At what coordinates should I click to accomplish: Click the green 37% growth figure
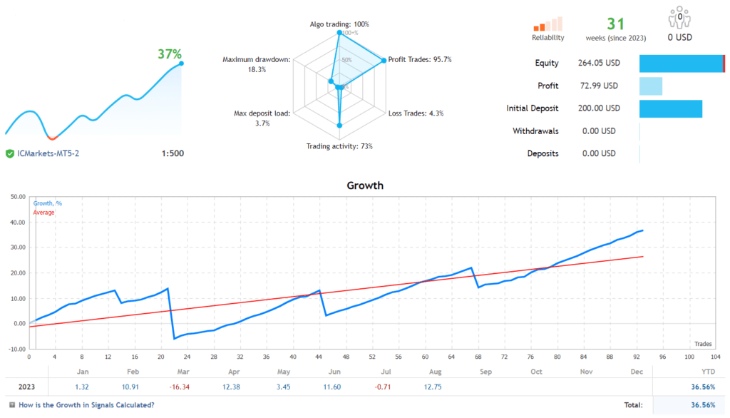click(170, 54)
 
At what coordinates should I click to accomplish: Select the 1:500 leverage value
click(173, 153)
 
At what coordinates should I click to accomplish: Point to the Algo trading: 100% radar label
click(339, 24)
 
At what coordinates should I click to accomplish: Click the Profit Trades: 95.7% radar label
click(420, 59)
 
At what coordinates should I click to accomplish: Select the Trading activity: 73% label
click(339, 146)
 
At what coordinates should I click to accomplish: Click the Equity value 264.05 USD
click(599, 63)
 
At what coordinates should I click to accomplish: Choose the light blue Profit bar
click(651, 86)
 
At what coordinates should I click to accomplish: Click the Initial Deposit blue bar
click(671, 108)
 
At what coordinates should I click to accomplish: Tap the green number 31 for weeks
click(615, 24)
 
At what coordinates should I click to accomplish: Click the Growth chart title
click(365, 185)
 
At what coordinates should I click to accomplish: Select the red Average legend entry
click(43, 213)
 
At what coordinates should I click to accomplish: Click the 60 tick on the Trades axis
click(425, 357)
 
